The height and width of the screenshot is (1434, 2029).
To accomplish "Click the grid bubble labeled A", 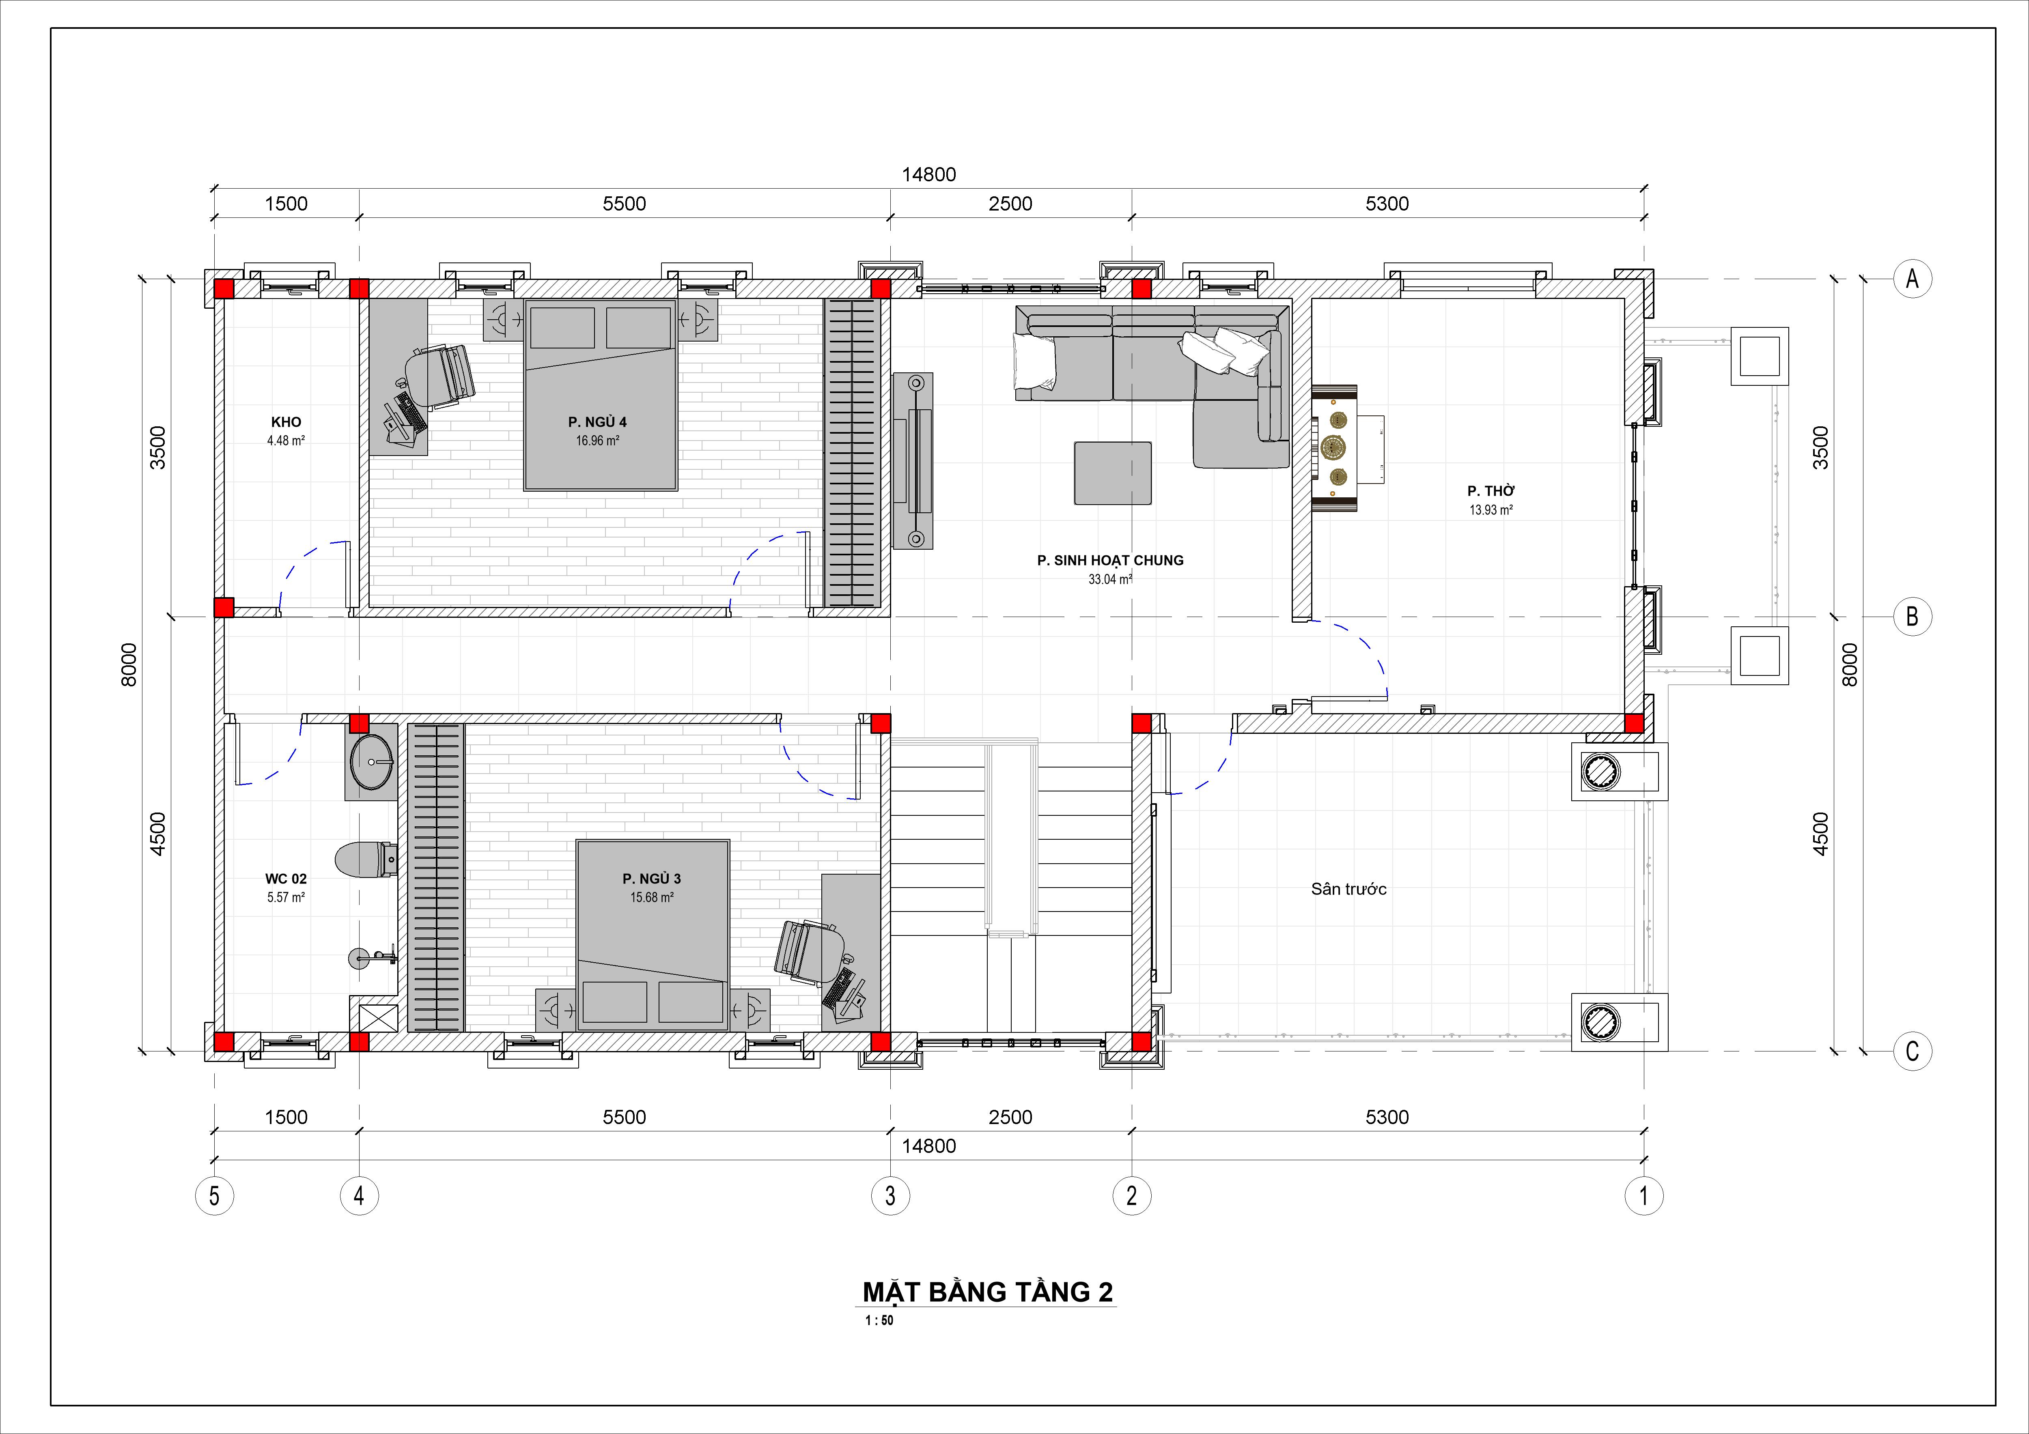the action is pyautogui.click(x=1913, y=279).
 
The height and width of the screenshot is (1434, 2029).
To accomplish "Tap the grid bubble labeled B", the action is pyautogui.click(x=1913, y=617).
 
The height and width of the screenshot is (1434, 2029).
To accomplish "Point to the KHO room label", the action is pyautogui.click(x=286, y=422).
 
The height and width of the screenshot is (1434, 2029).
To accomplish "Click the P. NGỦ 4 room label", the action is pyautogui.click(x=597, y=422).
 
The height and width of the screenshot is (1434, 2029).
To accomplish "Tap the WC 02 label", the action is pyautogui.click(x=286, y=879).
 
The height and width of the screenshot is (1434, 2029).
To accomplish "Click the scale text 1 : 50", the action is pyautogui.click(x=879, y=1321).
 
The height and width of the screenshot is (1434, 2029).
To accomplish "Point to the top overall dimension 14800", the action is pyautogui.click(x=929, y=175).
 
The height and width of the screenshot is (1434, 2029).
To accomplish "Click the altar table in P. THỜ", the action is pyautogui.click(x=1334, y=448).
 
